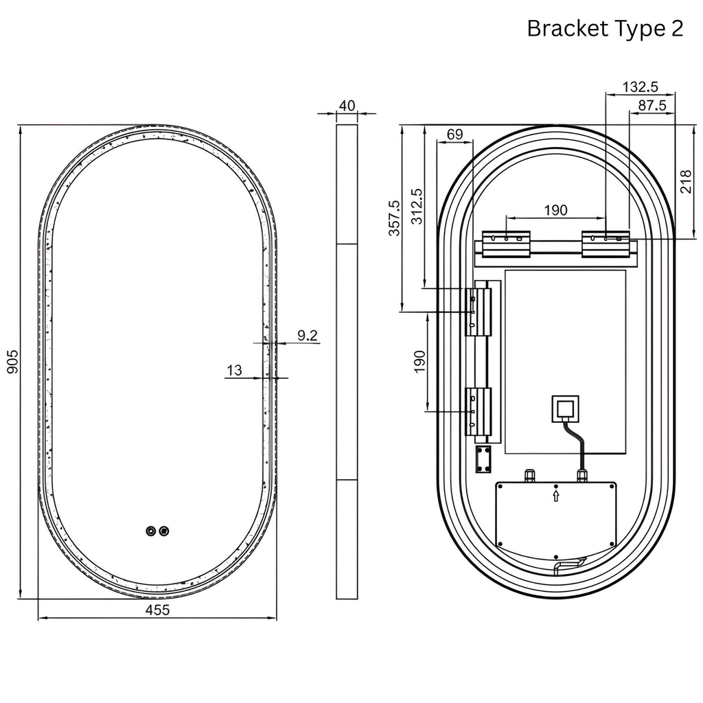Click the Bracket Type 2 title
(605, 28)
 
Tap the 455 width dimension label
(158, 610)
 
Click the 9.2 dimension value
(308, 335)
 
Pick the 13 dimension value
(235, 370)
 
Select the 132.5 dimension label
(640, 87)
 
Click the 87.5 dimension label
(652, 105)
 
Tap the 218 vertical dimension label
(686, 181)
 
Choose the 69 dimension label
(454, 134)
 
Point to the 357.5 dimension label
(394, 218)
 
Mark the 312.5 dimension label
(417, 206)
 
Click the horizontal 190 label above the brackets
(555, 210)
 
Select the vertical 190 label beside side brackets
(419, 361)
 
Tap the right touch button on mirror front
(164, 531)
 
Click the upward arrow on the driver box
(556, 496)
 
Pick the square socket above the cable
(565, 409)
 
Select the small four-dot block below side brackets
(483, 459)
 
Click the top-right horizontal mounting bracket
(606, 244)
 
